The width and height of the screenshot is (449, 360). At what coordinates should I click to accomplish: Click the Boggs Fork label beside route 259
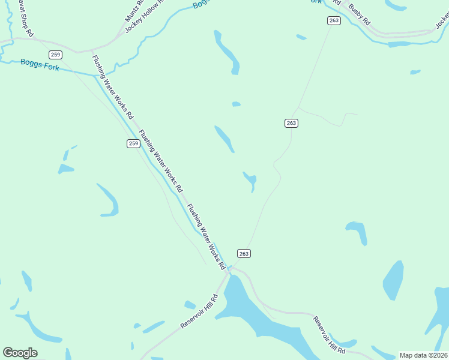point(40,64)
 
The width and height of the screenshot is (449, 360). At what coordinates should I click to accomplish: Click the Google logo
point(20,352)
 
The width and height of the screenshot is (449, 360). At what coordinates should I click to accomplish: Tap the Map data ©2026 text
point(423,355)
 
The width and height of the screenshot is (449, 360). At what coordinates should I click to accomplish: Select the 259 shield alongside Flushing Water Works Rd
point(133,143)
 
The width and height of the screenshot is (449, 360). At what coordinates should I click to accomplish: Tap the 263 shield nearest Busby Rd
point(334,20)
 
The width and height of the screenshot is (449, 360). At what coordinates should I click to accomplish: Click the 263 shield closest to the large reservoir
point(243,253)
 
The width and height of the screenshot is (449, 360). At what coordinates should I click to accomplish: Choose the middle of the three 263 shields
point(291,123)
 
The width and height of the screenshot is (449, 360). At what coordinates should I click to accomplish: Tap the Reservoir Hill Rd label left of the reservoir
point(199,311)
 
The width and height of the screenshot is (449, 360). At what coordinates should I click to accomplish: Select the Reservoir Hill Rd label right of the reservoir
point(329,334)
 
